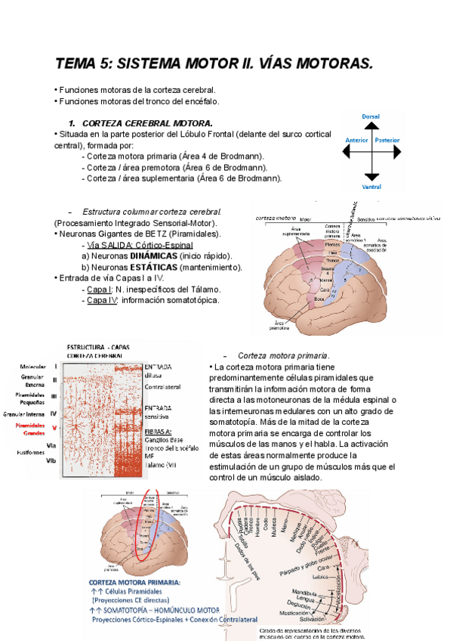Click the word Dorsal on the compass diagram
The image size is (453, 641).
point(371,116)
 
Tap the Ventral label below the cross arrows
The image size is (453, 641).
point(371,186)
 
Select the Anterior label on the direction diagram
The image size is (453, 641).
point(356,141)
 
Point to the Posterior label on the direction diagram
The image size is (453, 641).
point(387,141)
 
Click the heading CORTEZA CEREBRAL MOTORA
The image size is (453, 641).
point(147,122)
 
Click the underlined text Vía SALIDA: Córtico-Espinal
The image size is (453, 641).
point(140,245)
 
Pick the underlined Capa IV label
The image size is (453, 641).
point(99,300)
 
